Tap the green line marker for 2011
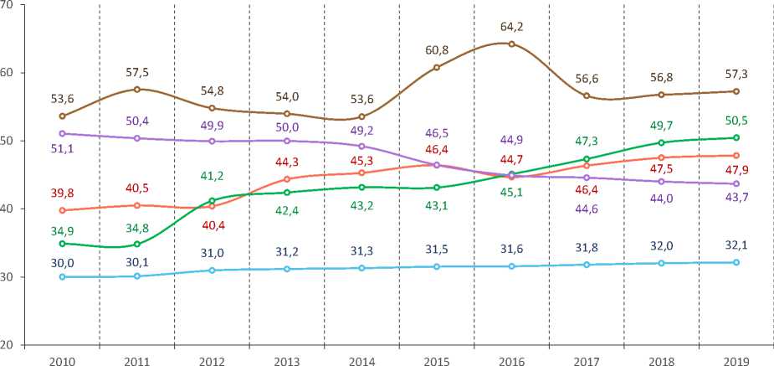pos(136,244)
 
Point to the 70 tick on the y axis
pos(8,5)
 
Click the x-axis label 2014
pos(361,358)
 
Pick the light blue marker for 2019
pos(736,262)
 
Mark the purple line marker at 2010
pos(62,133)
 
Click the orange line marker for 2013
pos(286,179)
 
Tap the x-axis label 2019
pos(736,358)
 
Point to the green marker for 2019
pos(736,137)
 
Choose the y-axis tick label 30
pos(8,276)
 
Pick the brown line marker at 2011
pos(136,89)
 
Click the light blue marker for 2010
pos(62,276)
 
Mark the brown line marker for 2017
pos(587,95)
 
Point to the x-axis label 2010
pos(62,358)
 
